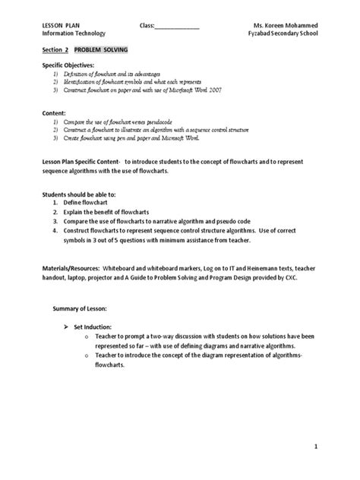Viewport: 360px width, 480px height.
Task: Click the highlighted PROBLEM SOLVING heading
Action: (x=101, y=49)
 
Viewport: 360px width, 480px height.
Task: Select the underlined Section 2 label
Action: (x=54, y=49)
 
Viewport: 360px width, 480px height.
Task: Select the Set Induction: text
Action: (x=95, y=325)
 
